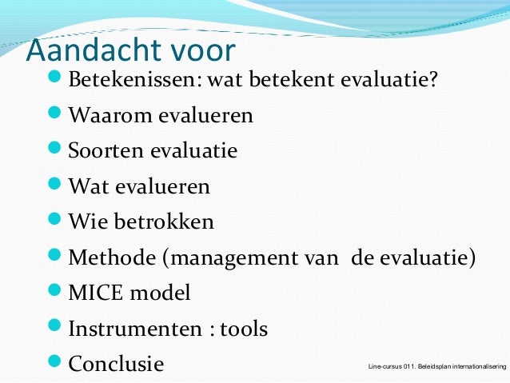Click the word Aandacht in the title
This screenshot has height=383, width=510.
click(x=91, y=50)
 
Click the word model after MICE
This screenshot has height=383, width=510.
click(x=162, y=293)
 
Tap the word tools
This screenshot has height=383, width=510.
click(x=243, y=328)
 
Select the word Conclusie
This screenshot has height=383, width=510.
click(x=116, y=364)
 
